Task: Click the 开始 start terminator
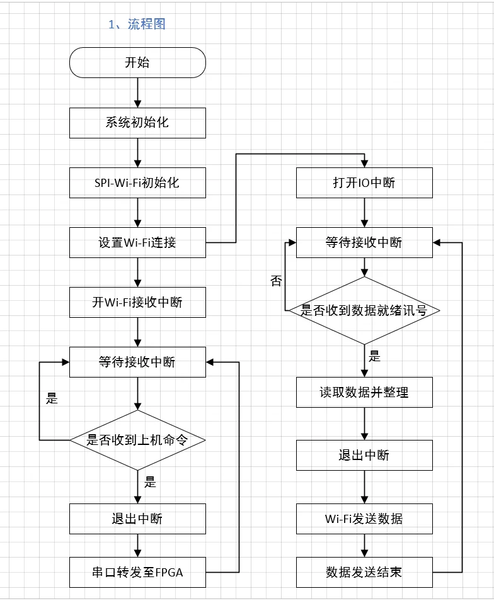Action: (137, 62)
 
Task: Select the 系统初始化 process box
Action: (137, 123)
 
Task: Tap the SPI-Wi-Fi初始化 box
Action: (137, 183)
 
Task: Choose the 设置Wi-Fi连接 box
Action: (137, 242)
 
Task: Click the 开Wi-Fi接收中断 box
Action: (137, 302)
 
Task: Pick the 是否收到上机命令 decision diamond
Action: (137, 440)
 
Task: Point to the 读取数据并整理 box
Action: (364, 392)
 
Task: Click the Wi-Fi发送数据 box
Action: (364, 519)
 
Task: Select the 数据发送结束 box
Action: (364, 571)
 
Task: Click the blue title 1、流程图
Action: (137, 25)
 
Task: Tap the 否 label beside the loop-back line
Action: (276, 281)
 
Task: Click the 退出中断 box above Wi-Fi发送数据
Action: (364, 455)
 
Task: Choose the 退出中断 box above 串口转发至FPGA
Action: (137, 519)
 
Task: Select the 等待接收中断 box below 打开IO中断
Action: (364, 242)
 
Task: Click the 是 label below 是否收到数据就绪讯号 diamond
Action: (375, 357)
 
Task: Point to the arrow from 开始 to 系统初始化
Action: (137, 93)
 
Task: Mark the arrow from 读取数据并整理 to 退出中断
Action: (364, 424)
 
